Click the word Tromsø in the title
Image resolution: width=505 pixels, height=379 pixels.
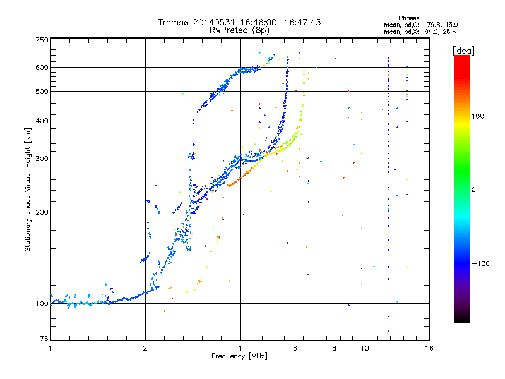click(x=174, y=22)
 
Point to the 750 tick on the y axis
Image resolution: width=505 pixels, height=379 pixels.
click(x=42, y=40)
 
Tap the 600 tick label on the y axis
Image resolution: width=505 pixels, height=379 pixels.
click(x=42, y=68)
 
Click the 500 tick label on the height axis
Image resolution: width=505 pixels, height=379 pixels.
click(x=42, y=92)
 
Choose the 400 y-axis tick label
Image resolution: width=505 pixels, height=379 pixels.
click(x=42, y=121)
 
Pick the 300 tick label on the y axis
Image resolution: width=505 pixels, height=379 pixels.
click(x=42, y=159)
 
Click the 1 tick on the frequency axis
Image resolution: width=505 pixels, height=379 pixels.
click(x=50, y=348)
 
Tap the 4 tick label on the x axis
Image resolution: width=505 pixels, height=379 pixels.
click(x=240, y=348)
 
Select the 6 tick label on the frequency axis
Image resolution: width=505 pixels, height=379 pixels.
click(x=295, y=348)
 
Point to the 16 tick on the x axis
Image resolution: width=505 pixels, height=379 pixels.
click(x=429, y=348)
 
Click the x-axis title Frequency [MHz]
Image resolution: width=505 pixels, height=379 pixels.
click(x=239, y=356)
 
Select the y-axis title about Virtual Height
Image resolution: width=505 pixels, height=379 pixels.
click(x=28, y=190)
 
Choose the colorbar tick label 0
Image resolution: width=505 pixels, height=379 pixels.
click(x=475, y=189)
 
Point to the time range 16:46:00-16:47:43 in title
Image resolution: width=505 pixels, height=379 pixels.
click(x=281, y=22)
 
